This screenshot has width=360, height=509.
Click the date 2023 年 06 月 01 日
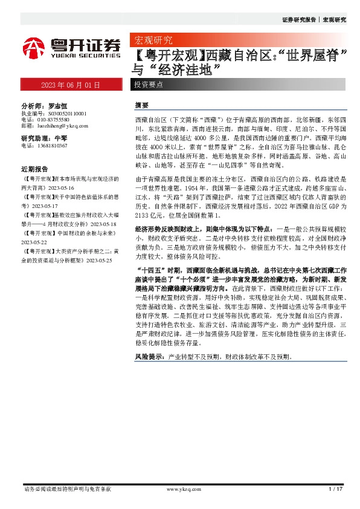(x=71, y=85)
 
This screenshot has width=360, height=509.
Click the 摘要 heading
(x=141, y=105)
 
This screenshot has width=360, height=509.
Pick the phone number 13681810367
(x=52, y=146)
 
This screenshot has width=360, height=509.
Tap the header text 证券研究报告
(x=298, y=20)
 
